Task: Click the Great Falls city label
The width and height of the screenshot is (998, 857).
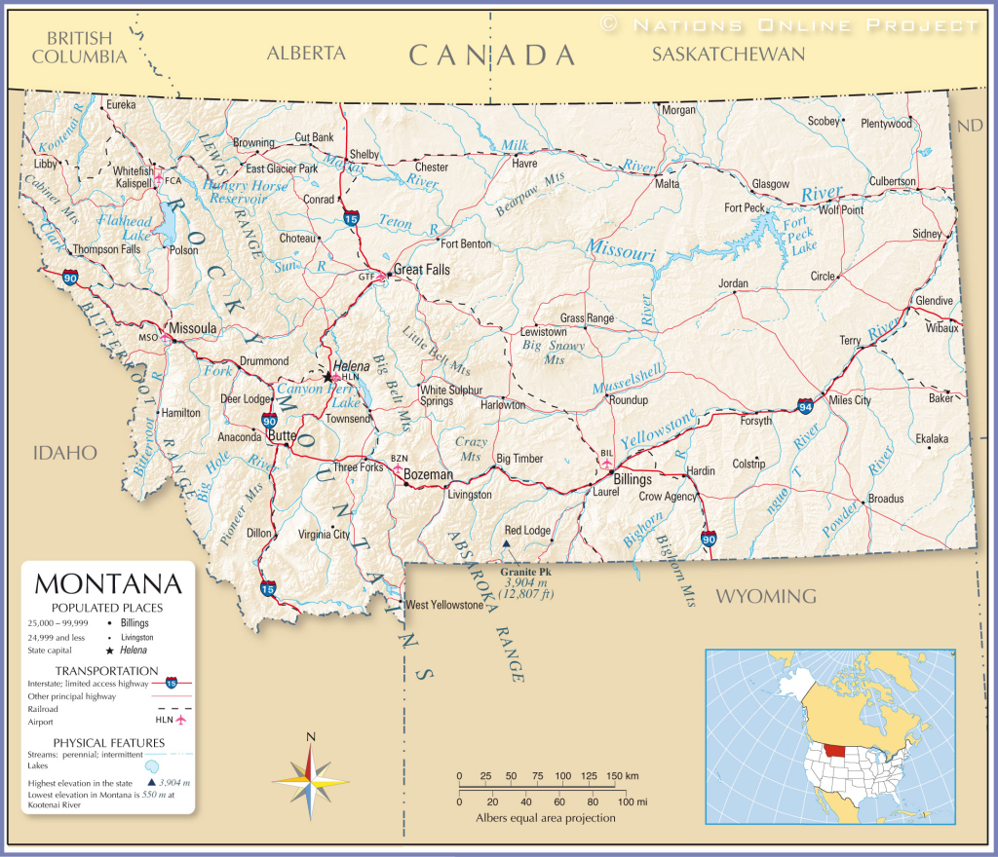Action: click(x=421, y=270)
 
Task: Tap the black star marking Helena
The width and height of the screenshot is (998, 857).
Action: click(x=326, y=375)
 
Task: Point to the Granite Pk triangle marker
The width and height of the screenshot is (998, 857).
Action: click(x=506, y=544)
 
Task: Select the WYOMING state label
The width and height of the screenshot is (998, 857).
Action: click(x=766, y=595)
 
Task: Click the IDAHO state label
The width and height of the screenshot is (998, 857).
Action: click(x=65, y=452)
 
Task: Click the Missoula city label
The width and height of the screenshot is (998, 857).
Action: click(x=192, y=329)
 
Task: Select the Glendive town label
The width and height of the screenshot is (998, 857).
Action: click(x=934, y=301)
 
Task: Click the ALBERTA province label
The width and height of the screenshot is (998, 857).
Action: click(x=306, y=54)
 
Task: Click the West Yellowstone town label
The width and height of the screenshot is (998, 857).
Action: click(x=444, y=605)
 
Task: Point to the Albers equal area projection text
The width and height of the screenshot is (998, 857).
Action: click(x=546, y=818)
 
